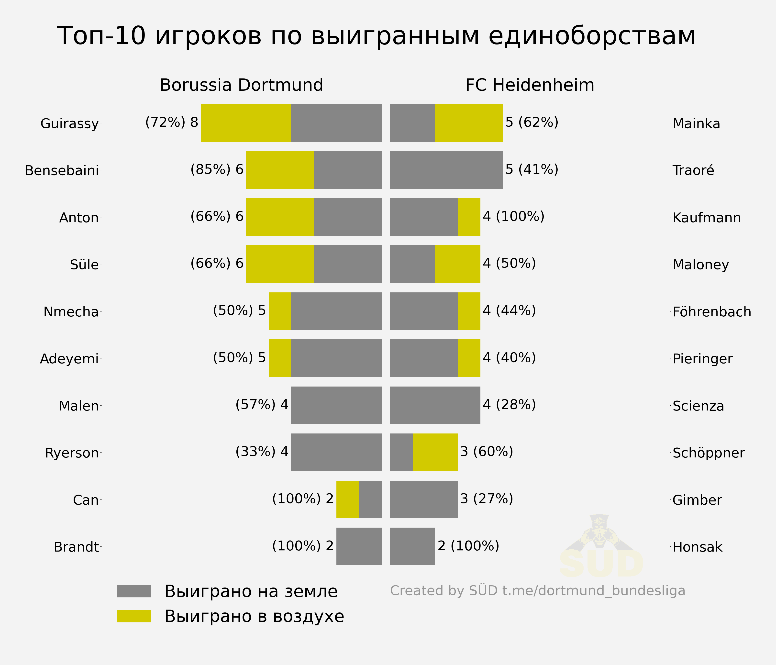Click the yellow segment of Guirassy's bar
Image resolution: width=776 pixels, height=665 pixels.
coord(246,123)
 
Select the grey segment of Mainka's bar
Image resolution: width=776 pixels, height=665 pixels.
coord(412,123)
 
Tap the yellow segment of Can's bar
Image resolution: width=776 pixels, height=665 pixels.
coord(348,499)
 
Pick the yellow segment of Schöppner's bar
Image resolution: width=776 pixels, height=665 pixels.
coord(435,452)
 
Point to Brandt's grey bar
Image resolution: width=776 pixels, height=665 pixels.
coord(359,546)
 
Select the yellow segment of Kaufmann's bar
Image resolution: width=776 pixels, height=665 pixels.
coord(469,217)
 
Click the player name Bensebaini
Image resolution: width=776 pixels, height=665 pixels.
coord(62,171)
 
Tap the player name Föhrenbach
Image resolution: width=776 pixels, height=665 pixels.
coord(712,312)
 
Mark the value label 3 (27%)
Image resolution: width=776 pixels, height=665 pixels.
coord(487,499)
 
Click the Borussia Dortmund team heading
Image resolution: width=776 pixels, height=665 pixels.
coord(242,85)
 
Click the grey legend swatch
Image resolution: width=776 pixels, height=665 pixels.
coord(134,591)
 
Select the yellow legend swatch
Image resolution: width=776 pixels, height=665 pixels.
coord(134,616)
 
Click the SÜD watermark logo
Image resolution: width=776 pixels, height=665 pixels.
coord(601,547)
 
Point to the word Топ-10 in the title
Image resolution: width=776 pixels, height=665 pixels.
coord(101,36)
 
